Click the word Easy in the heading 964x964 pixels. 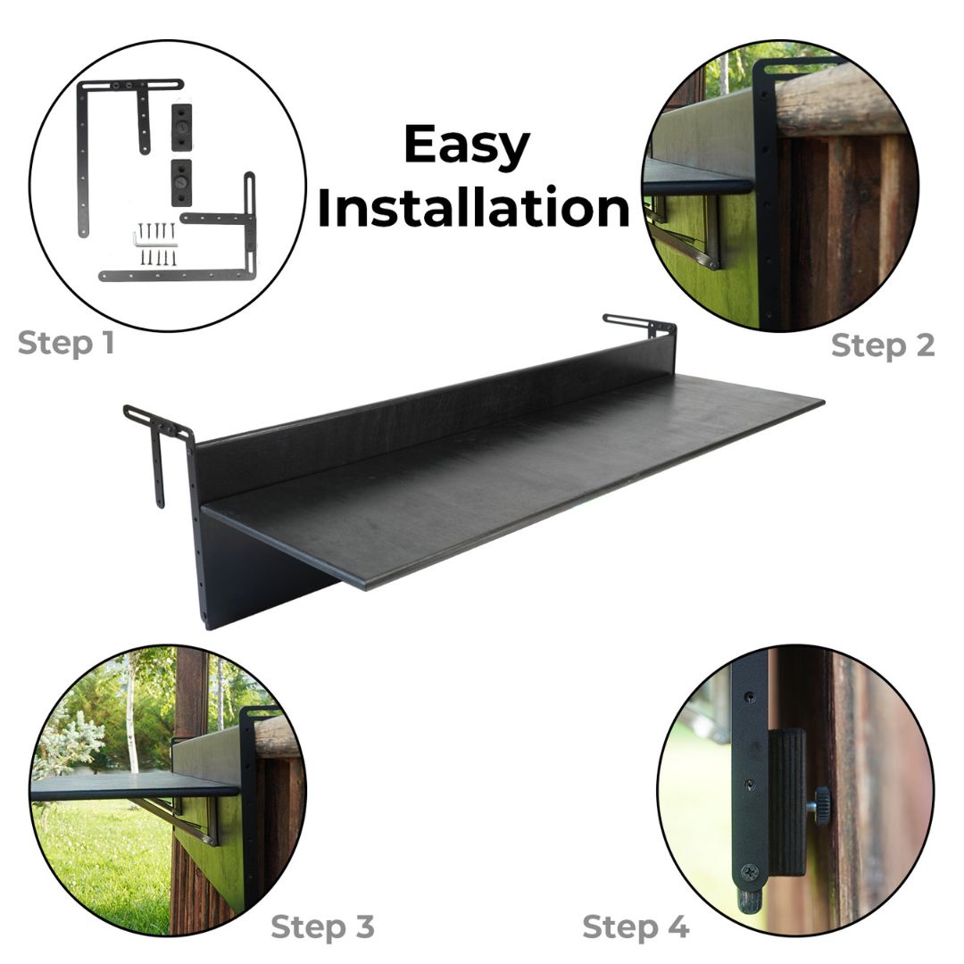tap(467, 146)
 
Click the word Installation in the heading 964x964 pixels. tap(473, 208)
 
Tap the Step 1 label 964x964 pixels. tap(66, 344)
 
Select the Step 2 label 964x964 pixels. tap(883, 346)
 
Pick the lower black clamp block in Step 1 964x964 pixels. tap(181, 183)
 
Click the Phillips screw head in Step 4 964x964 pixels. tap(749, 872)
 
